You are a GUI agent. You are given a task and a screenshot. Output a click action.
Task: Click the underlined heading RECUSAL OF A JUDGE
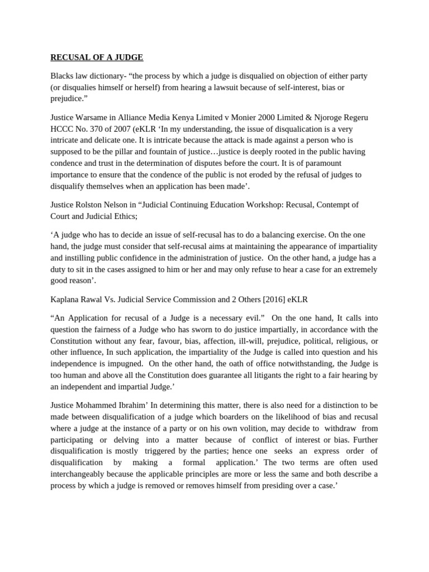pyautogui.click(x=97, y=57)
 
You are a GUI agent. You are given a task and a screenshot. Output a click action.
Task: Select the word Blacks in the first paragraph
pyautogui.click(x=62, y=75)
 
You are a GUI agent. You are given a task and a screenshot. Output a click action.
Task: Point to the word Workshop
pyautogui.click(x=264, y=204)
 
